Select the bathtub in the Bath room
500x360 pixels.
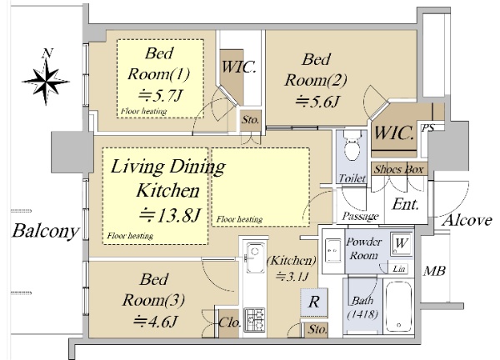(x=398, y=307)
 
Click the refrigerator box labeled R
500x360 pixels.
(x=314, y=302)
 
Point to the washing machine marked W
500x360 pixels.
(x=401, y=243)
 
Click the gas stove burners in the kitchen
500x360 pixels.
(x=254, y=319)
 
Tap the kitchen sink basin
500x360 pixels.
(x=255, y=257)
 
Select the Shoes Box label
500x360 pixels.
(x=398, y=169)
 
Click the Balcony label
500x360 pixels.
(x=45, y=231)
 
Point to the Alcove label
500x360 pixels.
(x=467, y=220)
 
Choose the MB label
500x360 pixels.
(x=434, y=271)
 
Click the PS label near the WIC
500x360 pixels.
(x=428, y=128)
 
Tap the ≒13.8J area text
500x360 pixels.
(x=170, y=215)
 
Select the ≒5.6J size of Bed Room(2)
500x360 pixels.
(x=317, y=102)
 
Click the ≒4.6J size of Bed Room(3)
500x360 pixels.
(x=155, y=322)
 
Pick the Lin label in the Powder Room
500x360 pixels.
(x=399, y=269)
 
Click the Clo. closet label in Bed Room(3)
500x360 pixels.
(x=230, y=322)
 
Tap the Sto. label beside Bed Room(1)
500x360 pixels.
(x=250, y=120)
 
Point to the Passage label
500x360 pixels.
(x=360, y=217)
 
